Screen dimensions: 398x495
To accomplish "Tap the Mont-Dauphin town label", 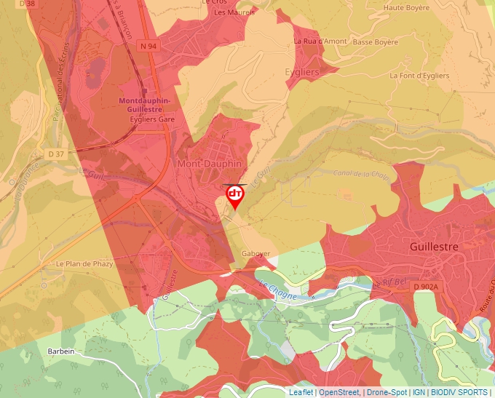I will pos(209,164).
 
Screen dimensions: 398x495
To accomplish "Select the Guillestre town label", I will pos(435,247).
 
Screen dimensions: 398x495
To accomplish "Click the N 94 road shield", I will pos(148,46).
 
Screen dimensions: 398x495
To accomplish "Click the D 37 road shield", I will pos(57,154).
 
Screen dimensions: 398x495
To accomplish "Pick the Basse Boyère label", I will pos(375,42).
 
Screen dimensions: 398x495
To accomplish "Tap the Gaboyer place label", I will pos(256,254).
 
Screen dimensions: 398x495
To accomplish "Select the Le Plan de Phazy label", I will pos(84,263).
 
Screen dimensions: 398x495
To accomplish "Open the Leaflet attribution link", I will pos(301,392).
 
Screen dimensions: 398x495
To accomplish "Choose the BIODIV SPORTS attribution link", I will pos(459,392).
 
